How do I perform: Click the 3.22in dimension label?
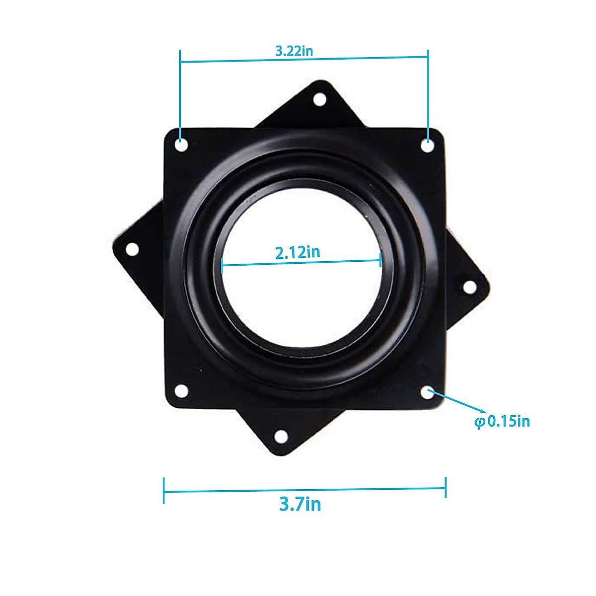pyautogui.click(x=294, y=51)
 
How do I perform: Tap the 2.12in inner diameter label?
pyautogui.click(x=298, y=252)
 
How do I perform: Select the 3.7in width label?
pyautogui.click(x=300, y=505)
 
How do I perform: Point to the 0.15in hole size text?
pyautogui.click(x=509, y=422)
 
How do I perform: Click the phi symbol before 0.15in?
pyautogui.click(x=479, y=422)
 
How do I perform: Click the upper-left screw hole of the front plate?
pyautogui.click(x=182, y=145)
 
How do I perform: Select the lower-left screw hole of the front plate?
pyautogui.click(x=182, y=391)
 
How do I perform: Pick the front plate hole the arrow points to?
pyautogui.click(x=428, y=392)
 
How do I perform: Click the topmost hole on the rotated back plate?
pyautogui.click(x=320, y=99)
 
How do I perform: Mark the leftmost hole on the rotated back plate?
pyautogui.click(x=132, y=249)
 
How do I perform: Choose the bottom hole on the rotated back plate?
pyautogui.click(x=281, y=437)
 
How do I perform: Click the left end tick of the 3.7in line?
pyautogui.click(x=163, y=491)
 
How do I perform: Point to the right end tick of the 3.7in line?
pyautogui.click(x=446, y=487)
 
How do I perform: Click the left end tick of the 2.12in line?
pyautogui.click(x=222, y=265)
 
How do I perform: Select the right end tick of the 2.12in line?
pyautogui.click(x=380, y=260)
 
